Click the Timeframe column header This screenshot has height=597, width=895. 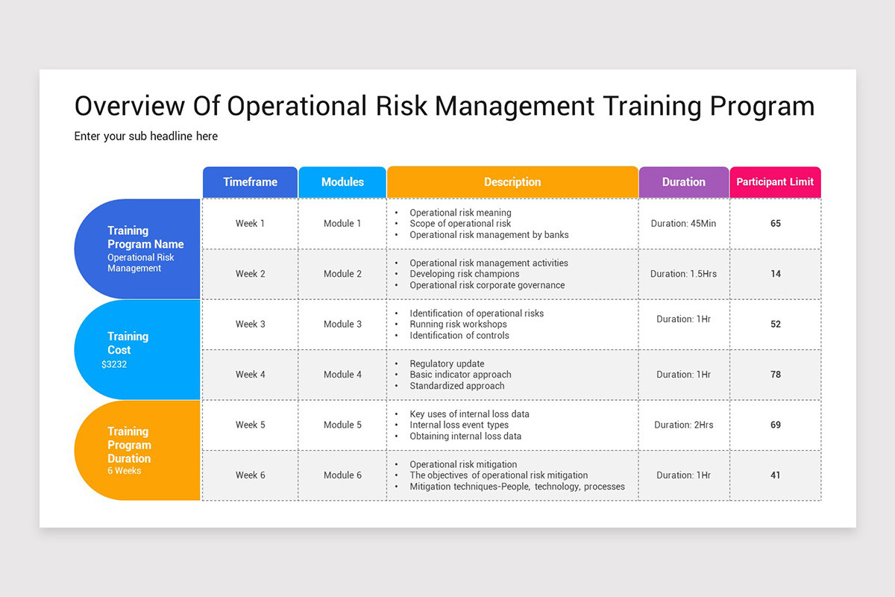(250, 182)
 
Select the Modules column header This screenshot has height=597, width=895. (342, 182)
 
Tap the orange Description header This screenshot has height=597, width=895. (512, 182)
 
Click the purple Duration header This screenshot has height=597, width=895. (683, 182)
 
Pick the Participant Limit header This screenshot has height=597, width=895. (775, 182)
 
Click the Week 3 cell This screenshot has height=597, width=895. (250, 324)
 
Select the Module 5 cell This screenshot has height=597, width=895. (342, 425)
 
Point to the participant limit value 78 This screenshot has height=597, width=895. (776, 375)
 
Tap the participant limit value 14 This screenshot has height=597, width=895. (776, 274)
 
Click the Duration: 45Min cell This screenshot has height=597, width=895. (683, 223)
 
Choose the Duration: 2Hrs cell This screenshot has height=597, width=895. (683, 425)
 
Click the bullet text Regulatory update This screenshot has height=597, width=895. (447, 363)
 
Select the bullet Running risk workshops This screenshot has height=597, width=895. (458, 324)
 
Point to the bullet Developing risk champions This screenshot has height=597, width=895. (464, 274)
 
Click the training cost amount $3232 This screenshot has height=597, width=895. (114, 365)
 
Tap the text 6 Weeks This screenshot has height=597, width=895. (124, 471)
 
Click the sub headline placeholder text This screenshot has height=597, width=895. (146, 136)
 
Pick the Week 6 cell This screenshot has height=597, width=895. (250, 475)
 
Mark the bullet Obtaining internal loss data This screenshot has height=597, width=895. (465, 436)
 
